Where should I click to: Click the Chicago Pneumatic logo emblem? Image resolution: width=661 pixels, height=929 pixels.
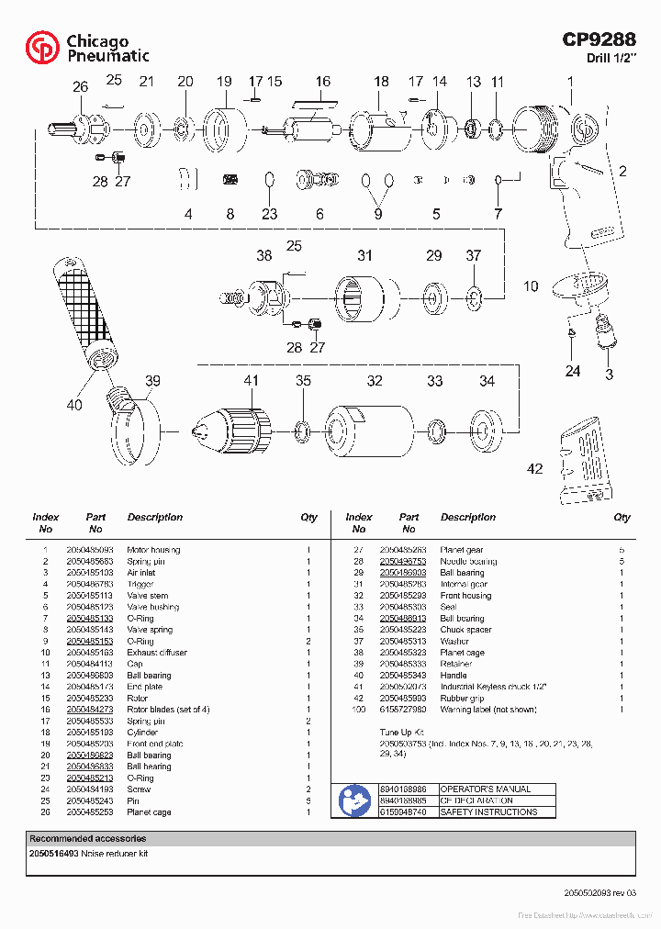[42, 47]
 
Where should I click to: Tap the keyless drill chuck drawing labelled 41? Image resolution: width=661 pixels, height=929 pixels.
[233, 427]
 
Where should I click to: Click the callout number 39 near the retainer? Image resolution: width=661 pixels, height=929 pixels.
[152, 381]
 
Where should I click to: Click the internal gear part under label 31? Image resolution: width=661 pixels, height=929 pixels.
[364, 298]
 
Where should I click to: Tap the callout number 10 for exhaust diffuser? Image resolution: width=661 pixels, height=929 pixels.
[531, 286]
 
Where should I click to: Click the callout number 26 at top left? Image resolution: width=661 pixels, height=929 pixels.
[81, 87]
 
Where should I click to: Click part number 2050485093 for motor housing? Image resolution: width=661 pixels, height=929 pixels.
[90, 550]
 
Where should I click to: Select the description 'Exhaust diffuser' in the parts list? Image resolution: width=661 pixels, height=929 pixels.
[157, 653]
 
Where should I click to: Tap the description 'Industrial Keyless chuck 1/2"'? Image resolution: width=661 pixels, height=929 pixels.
[494, 687]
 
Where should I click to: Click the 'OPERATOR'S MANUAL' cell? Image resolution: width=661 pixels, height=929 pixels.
[498, 789]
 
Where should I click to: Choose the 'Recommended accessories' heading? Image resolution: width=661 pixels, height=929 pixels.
[87, 838]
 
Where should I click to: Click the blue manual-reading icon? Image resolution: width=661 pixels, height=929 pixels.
[354, 800]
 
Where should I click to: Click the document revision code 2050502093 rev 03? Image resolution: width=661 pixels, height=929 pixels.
[599, 892]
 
